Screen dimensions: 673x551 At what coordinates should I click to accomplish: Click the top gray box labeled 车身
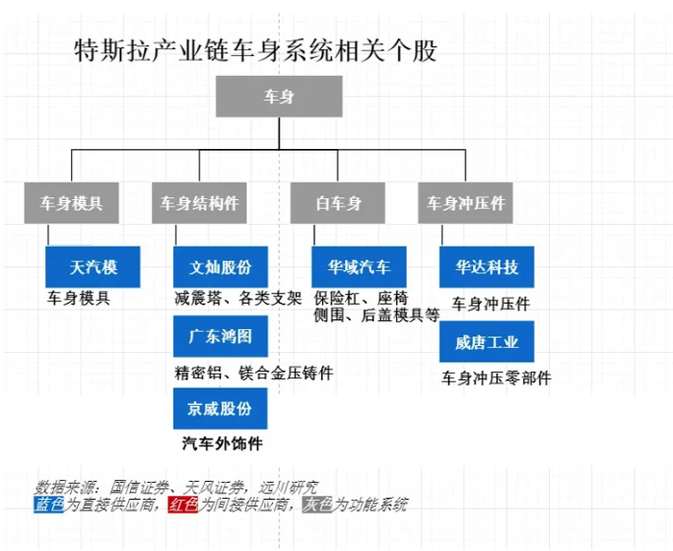click(x=279, y=96)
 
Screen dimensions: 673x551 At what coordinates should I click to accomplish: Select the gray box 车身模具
click(x=71, y=203)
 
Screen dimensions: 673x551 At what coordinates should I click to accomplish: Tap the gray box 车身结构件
click(x=199, y=203)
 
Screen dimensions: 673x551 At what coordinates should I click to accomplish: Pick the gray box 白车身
click(x=337, y=203)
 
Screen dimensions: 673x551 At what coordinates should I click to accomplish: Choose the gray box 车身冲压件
click(x=465, y=203)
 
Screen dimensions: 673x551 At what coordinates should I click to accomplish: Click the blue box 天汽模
click(x=92, y=267)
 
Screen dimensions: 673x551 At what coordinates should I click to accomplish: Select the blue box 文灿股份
click(x=220, y=267)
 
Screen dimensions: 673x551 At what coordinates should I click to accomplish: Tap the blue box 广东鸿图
click(x=220, y=337)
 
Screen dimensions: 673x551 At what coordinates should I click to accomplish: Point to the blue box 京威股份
click(x=220, y=409)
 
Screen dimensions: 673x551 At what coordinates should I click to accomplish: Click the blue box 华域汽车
click(x=359, y=267)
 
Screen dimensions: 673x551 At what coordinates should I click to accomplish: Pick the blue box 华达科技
click(x=486, y=267)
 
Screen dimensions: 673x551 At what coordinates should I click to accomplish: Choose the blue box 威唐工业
click(x=486, y=341)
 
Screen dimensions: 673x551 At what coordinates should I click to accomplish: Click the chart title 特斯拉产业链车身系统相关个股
click(x=256, y=51)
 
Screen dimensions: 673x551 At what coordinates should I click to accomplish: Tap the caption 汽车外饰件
click(x=222, y=443)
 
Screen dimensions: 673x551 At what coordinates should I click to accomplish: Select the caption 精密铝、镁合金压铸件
click(x=254, y=372)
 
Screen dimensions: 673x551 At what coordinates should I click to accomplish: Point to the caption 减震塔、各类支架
click(x=238, y=298)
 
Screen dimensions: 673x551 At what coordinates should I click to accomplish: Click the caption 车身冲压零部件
click(x=497, y=378)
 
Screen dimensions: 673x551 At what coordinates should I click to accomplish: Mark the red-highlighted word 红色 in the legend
click(x=184, y=505)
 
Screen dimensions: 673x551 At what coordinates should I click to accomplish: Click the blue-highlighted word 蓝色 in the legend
click(x=49, y=505)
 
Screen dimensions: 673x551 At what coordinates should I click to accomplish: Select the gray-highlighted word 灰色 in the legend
click(x=317, y=505)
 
